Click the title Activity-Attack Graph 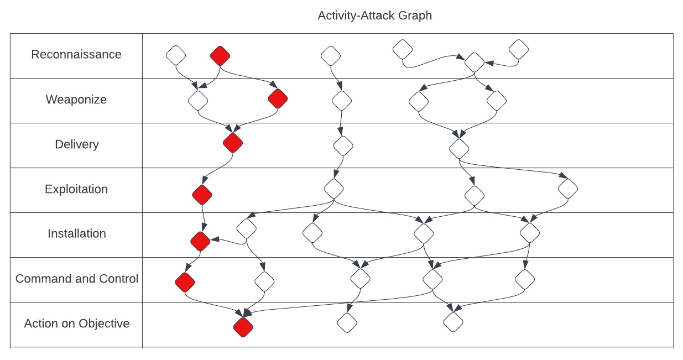(x=374, y=15)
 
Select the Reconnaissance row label (x=76, y=55)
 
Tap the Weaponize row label (x=76, y=100)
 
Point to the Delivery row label (x=77, y=144)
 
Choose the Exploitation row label (x=76, y=189)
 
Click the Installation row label (x=77, y=233)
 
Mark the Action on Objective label (x=77, y=324)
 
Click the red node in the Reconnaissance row (x=220, y=55)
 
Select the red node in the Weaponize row (x=278, y=99)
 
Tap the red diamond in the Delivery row (x=233, y=143)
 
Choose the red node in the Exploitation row (x=202, y=194)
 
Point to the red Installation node (x=200, y=241)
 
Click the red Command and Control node (x=185, y=282)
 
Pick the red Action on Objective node (x=243, y=326)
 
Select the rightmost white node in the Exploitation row (x=567, y=189)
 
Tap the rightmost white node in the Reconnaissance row (x=518, y=49)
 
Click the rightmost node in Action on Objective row (x=452, y=321)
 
